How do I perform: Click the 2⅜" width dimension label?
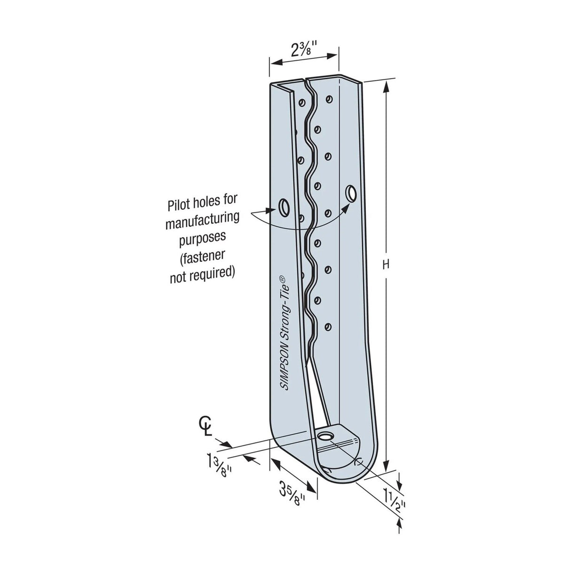pos(304,49)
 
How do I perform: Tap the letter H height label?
pos(386,265)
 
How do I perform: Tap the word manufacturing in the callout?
pos(203,220)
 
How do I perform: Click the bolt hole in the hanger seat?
pos(324,436)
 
